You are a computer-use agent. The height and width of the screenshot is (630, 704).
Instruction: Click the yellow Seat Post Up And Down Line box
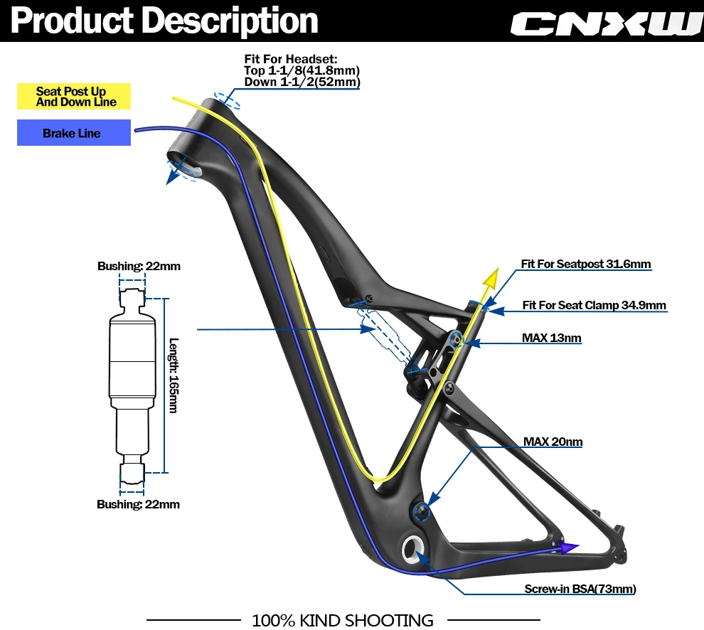74,97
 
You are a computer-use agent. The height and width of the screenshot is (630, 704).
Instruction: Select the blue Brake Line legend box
74,133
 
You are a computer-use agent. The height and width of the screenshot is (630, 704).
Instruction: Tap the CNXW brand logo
606,23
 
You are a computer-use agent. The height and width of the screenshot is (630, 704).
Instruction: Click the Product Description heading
164,21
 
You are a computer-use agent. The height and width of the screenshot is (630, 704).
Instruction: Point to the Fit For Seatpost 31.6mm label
585,265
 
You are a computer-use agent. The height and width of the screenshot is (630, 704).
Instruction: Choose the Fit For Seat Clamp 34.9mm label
594,306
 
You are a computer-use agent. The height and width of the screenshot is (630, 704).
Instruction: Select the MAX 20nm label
553,442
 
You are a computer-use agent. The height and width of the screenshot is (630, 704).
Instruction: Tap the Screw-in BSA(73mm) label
580,589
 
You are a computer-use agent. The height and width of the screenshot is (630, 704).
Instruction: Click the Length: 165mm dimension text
174,385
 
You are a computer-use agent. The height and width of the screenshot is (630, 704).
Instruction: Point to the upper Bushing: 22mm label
139,267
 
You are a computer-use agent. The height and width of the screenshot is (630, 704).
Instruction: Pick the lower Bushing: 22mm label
138,504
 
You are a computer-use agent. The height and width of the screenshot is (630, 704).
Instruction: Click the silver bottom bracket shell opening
413,548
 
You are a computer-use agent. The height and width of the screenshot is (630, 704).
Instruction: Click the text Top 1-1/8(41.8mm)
302,70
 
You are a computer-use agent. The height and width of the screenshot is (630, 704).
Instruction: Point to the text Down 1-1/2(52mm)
302,82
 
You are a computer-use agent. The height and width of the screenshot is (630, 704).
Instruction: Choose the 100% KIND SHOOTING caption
343,620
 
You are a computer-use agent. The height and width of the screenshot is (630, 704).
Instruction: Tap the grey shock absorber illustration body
132,370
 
